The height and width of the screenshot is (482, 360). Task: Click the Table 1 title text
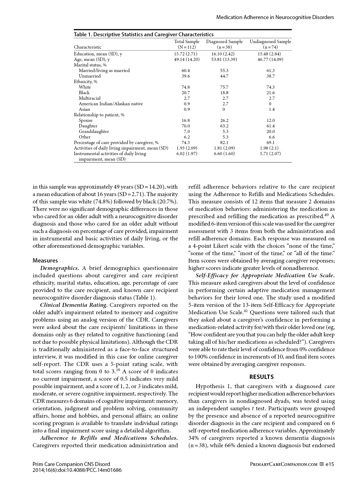pos(144,34)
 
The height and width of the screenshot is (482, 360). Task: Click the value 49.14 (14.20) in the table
pos(187,59)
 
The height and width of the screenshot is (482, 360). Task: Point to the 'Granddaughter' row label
pos(94,131)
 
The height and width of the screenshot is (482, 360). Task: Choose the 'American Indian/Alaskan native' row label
pos(111,104)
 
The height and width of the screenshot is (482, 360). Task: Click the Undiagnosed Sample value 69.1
pos(270,143)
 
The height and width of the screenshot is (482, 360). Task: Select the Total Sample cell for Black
pos(186,93)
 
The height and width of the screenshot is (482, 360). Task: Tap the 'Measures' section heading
pos(45,260)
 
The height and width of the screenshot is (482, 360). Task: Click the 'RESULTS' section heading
pos(262,377)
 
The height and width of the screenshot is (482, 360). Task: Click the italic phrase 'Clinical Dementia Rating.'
pos(74,305)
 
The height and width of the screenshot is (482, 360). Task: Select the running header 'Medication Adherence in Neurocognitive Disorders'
pos(275,17)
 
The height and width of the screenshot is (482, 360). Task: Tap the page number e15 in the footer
pos(330,464)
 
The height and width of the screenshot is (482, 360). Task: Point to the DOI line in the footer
pos(77,470)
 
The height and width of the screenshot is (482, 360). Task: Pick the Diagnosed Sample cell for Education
pos(224,54)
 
